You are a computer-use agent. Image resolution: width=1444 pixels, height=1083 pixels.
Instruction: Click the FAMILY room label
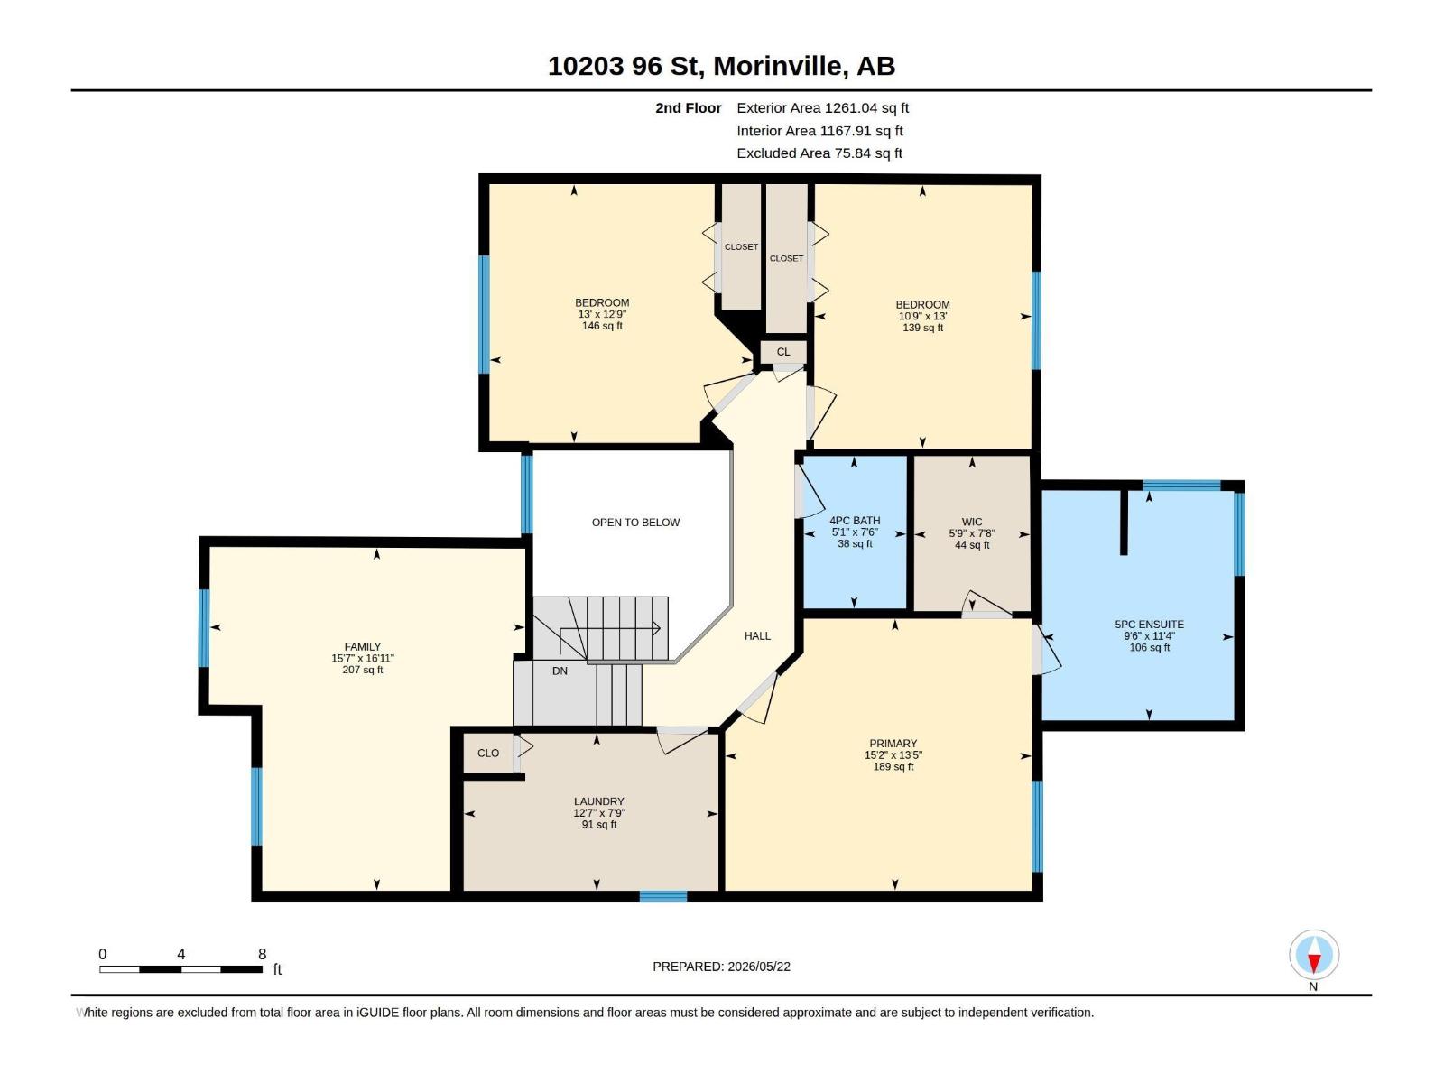[363, 646]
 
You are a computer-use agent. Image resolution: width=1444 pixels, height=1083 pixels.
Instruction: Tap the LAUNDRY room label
[598, 801]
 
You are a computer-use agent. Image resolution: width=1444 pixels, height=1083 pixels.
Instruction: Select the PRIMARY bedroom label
[893, 744]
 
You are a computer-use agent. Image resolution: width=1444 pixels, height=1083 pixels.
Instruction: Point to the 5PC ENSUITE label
[1149, 625]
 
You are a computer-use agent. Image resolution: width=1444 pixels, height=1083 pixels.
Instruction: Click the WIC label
[972, 523]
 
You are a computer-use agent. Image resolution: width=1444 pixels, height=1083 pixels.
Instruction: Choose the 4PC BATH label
[855, 521]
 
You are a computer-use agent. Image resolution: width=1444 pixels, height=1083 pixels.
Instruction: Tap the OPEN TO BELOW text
[635, 523]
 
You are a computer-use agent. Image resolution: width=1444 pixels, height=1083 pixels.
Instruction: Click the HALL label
[757, 636]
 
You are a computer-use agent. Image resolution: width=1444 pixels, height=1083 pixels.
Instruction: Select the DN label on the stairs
[560, 671]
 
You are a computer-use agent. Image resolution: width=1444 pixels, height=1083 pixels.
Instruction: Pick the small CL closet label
[783, 353]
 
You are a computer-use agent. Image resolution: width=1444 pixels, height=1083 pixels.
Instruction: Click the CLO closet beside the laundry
[488, 754]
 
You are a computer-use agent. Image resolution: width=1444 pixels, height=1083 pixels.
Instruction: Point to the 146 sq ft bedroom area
[602, 326]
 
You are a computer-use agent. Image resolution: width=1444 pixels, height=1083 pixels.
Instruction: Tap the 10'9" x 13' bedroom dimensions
[922, 316]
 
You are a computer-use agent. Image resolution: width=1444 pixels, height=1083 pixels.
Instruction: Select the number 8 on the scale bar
[262, 954]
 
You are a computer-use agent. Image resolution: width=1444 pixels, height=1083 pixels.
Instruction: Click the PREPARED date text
[722, 967]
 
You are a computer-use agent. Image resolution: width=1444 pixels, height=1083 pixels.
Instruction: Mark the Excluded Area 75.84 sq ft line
[819, 153]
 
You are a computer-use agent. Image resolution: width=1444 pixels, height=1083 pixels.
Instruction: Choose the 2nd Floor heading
[688, 107]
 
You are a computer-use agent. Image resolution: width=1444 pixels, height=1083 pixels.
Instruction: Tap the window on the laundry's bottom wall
[663, 896]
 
